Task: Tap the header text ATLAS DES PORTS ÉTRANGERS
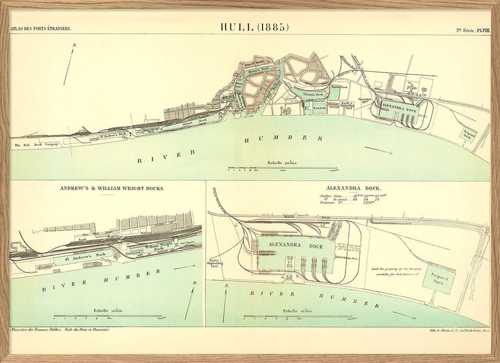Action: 41,29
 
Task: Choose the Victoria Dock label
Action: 311,95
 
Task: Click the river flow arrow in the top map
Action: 379,150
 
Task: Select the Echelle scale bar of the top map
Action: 282,168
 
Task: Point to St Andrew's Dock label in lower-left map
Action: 86,255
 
